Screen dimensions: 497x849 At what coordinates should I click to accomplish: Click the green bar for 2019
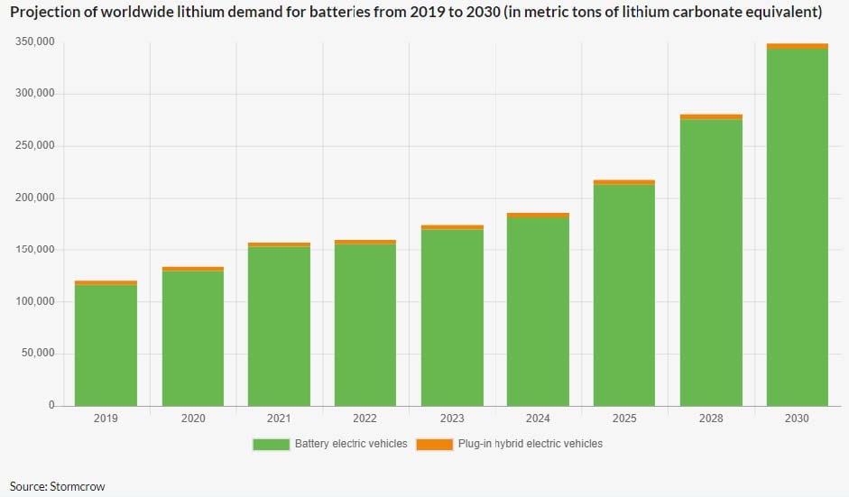(x=106, y=345)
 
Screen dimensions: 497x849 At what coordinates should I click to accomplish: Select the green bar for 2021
(x=279, y=326)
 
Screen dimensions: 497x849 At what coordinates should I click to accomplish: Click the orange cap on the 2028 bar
(x=711, y=116)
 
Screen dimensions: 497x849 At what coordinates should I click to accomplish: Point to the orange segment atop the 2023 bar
(x=452, y=227)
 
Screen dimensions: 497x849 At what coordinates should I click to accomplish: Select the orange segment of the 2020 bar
(x=192, y=269)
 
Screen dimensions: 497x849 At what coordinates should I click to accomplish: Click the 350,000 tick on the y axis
(x=35, y=42)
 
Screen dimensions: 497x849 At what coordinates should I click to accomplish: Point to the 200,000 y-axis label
(x=35, y=198)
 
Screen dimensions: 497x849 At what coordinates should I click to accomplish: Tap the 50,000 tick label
(x=38, y=354)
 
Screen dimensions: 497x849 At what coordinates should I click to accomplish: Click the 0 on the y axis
(x=51, y=405)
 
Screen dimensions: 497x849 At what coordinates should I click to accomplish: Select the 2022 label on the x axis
(x=365, y=419)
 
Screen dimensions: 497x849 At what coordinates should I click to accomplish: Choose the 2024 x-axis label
(x=538, y=419)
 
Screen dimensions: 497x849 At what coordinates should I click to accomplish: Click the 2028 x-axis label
(x=711, y=419)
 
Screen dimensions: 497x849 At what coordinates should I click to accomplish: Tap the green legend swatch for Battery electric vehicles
(x=271, y=444)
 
